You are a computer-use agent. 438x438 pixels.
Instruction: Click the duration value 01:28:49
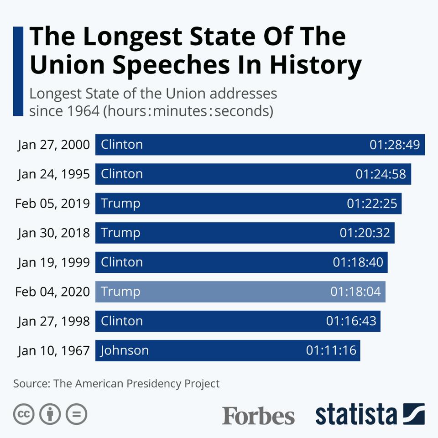(394, 145)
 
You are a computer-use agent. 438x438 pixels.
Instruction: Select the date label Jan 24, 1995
(54, 174)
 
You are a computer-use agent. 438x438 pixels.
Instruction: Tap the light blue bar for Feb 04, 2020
(240, 292)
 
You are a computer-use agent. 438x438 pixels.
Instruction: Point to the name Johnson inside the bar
(125, 350)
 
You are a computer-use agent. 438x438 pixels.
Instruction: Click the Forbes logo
(258, 415)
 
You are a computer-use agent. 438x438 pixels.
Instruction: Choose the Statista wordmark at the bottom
(356, 414)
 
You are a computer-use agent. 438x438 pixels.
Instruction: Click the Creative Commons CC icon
(24, 414)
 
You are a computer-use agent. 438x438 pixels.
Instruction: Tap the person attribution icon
(50, 414)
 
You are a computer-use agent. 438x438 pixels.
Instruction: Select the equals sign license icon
(76, 414)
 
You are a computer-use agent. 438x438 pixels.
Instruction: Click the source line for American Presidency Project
(116, 384)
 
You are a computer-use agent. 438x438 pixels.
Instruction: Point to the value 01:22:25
(372, 203)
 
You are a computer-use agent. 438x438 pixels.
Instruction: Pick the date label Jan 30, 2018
(54, 233)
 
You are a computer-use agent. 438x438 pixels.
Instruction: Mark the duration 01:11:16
(331, 350)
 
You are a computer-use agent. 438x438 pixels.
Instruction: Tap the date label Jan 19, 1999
(54, 262)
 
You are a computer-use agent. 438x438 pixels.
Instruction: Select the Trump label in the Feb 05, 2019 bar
(120, 203)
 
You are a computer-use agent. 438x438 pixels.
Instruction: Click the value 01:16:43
(351, 321)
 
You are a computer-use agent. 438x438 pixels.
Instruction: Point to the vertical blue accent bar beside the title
(18, 71)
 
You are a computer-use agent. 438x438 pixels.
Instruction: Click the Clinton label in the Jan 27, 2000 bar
(122, 145)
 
